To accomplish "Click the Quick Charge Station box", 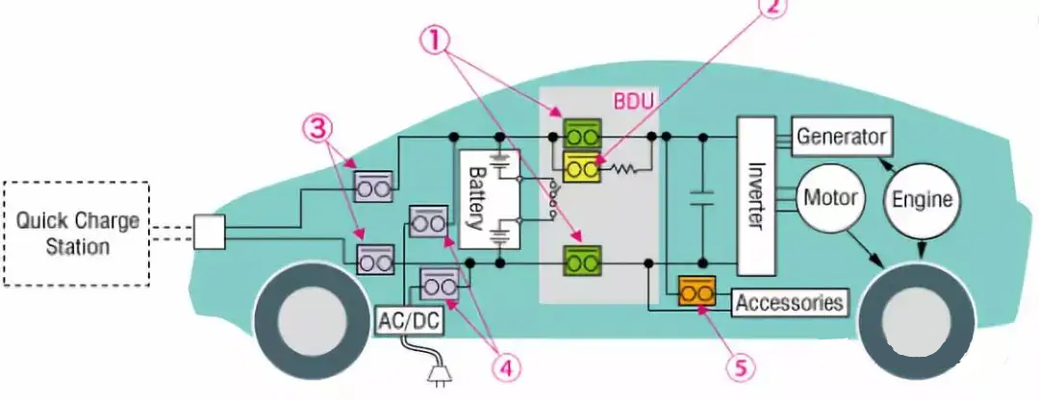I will (77, 233).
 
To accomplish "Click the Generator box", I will (841, 137).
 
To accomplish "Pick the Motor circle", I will (830, 199).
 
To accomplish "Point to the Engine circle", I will (922, 200).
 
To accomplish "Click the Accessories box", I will (790, 303).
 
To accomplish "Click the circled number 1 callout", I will (439, 40).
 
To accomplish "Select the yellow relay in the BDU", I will (581, 167).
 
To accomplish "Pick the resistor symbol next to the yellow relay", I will (624, 169).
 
